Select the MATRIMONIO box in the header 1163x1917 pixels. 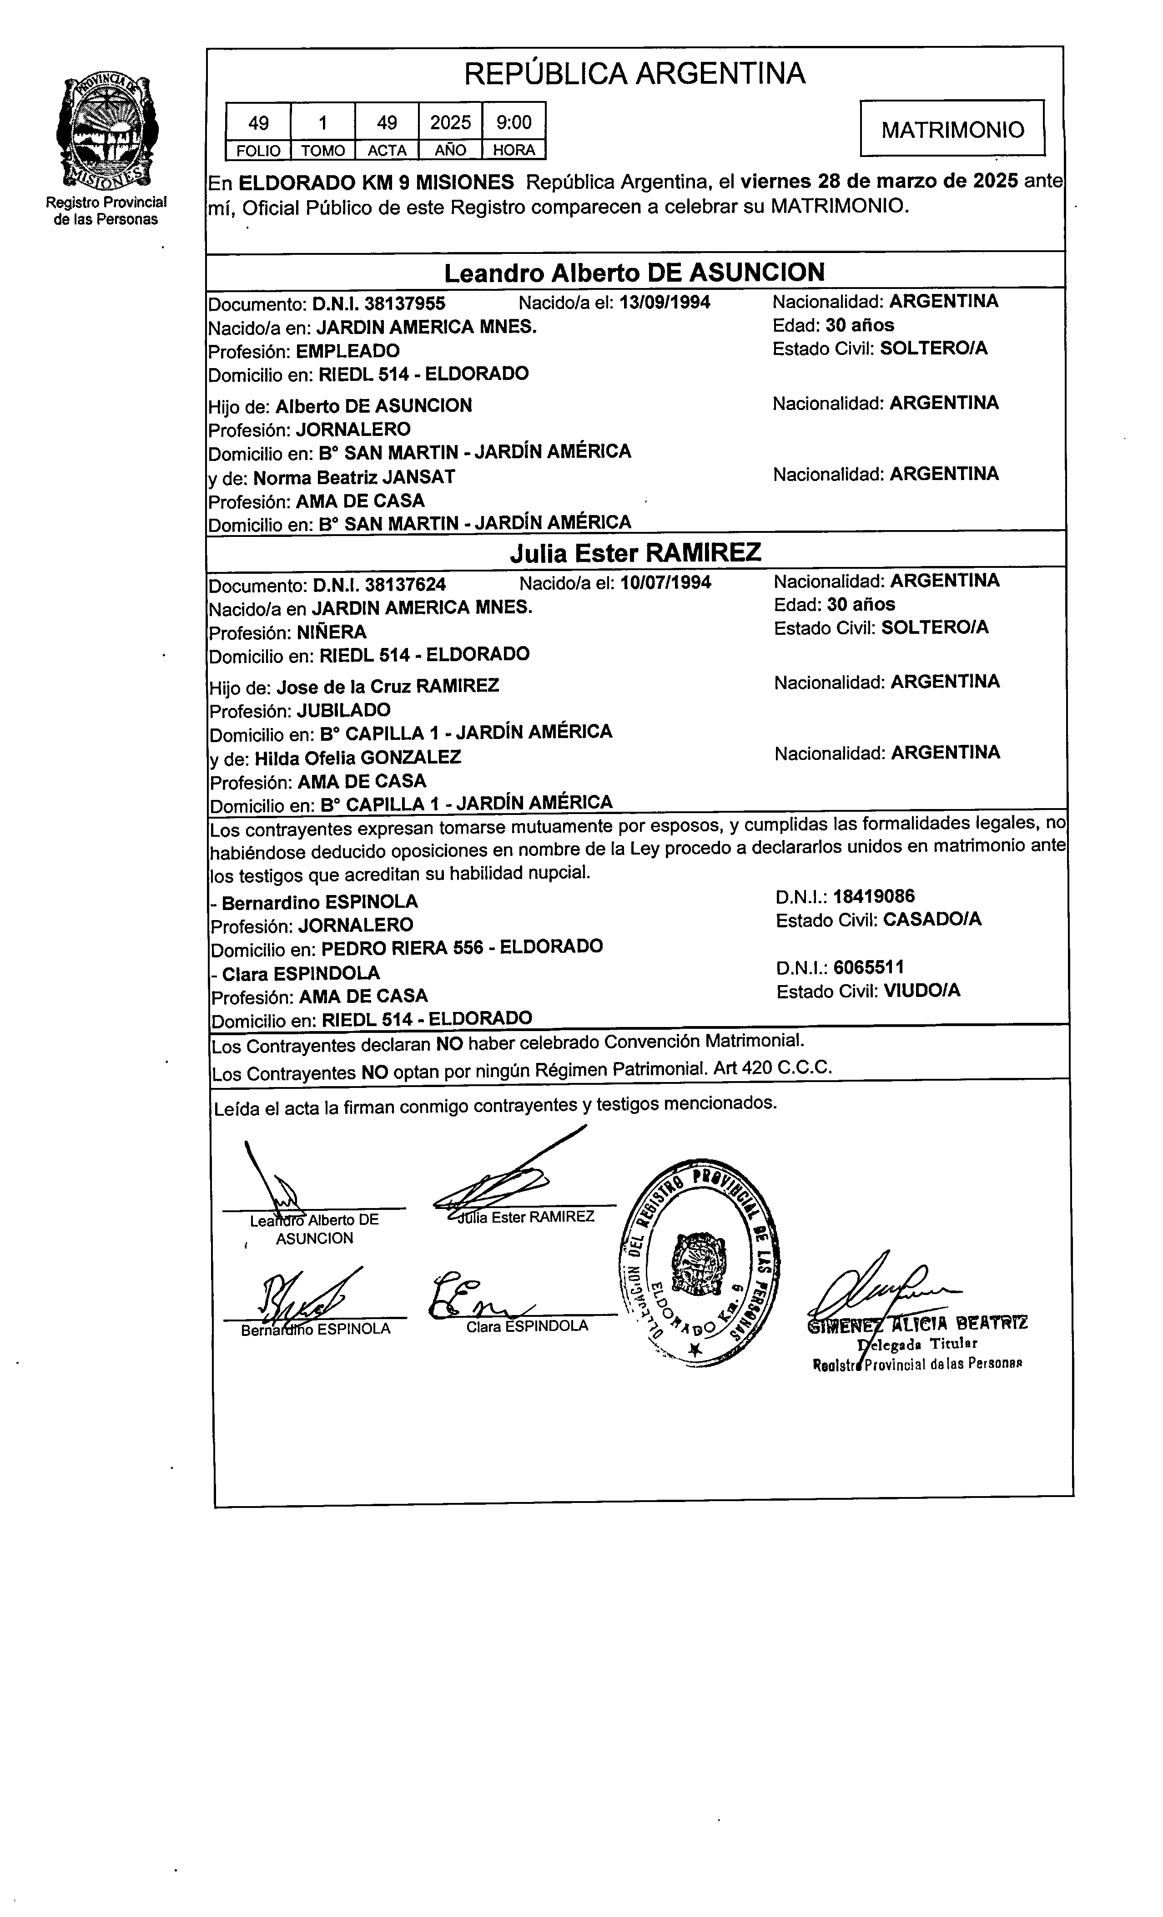(952, 129)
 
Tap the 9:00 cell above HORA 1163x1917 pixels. (514, 122)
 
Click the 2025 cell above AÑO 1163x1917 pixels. (450, 122)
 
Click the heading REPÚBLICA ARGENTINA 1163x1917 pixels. (634, 74)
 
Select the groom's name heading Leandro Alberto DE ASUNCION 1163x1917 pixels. (634, 272)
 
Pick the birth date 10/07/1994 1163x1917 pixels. (665, 582)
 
